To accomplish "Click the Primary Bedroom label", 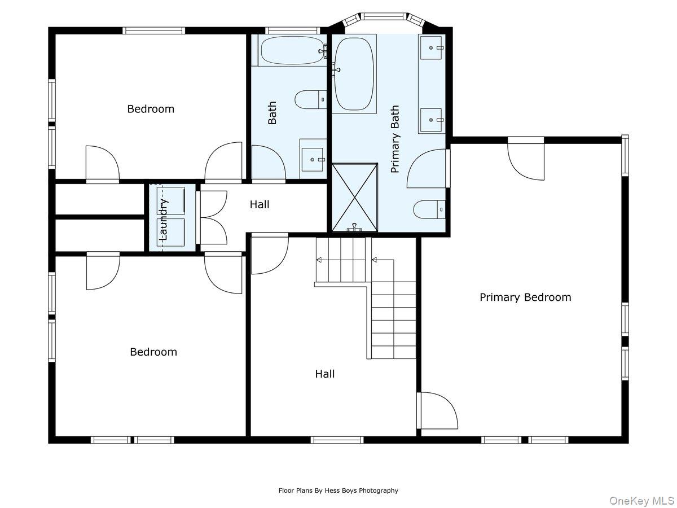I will (x=525, y=297).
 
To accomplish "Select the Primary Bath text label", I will (x=395, y=139).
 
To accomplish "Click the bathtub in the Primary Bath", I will (x=354, y=73).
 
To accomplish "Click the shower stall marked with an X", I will (x=354, y=197).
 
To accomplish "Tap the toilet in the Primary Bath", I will (x=429, y=210).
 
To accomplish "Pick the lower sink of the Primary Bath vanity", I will (x=432, y=119).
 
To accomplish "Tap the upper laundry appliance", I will (x=170, y=201).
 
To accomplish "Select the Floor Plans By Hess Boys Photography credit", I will (x=338, y=491).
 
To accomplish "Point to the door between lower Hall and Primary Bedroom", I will (x=437, y=410).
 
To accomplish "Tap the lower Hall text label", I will (x=324, y=374).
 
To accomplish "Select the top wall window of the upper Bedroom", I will (x=153, y=30).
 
